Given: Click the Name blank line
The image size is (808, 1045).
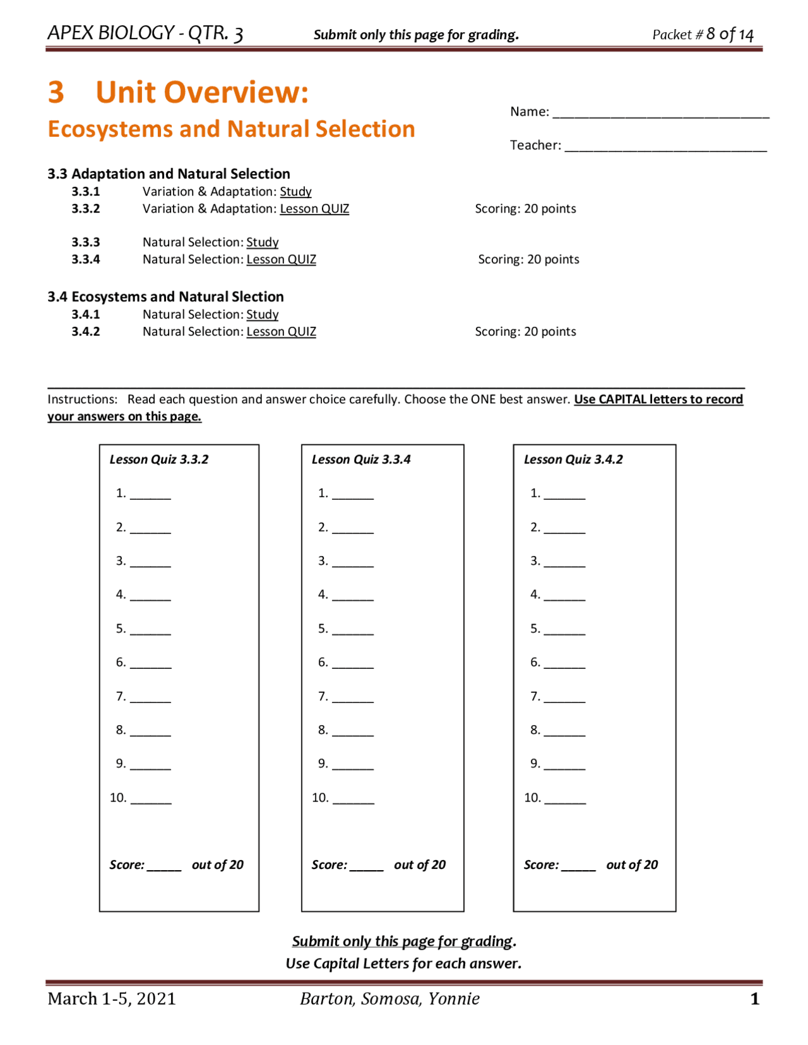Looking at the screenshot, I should (660, 114).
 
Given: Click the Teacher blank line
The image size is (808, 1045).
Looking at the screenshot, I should (665, 148).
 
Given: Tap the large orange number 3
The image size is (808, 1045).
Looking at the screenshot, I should (56, 92).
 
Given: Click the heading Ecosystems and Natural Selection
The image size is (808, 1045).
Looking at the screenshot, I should (231, 129).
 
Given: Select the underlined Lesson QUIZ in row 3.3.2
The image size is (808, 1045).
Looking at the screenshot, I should (314, 208).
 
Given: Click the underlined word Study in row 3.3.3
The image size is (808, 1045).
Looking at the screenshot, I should (262, 242).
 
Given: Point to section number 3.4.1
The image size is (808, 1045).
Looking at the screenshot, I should (85, 314).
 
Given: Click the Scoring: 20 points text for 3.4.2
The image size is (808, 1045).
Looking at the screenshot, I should (525, 331).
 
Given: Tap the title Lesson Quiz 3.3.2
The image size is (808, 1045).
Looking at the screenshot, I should (159, 459).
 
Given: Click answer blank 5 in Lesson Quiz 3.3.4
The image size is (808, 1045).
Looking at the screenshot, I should (352, 630).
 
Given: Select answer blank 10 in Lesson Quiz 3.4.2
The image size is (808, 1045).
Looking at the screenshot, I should (565, 800).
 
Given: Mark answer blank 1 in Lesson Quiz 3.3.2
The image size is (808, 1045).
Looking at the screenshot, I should (150, 495).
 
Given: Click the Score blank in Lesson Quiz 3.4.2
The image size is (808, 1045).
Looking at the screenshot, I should (578, 866).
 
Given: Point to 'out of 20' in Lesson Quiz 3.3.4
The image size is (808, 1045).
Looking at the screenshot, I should (420, 865).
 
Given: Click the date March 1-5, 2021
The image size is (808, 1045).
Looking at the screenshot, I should (112, 998).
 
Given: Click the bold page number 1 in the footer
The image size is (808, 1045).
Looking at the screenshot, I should (754, 998).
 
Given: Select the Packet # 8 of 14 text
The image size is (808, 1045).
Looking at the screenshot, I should (703, 34).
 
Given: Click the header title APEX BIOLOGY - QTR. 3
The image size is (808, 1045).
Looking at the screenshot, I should (145, 33).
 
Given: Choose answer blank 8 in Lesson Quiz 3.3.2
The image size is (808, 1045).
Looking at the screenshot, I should (150, 732).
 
